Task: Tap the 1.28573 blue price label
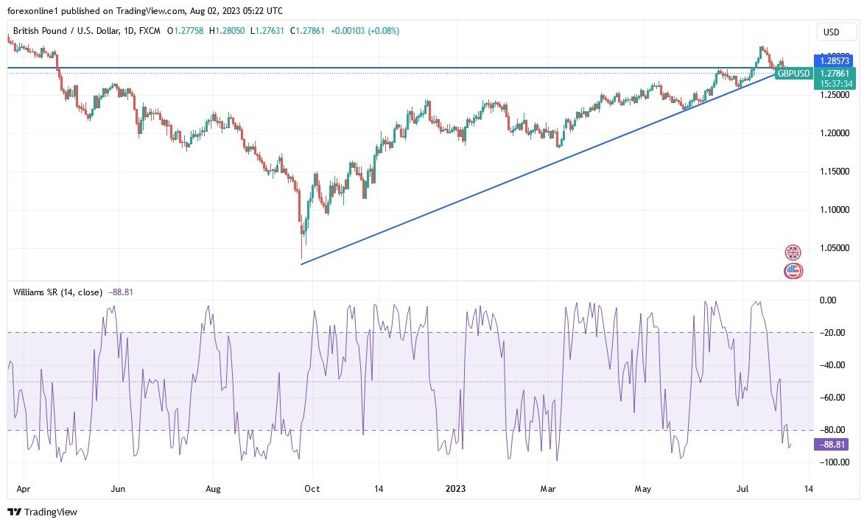point(833,58)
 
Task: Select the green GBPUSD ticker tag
point(794,74)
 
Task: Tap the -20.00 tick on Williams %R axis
point(833,333)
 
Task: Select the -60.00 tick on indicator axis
point(833,398)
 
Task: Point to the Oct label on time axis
point(312,487)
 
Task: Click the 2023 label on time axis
point(456,487)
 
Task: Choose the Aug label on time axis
point(213,487)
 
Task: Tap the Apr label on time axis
point(23,487)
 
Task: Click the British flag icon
point(793,253)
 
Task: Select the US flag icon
point(793,270)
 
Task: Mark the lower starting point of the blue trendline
point(302,264)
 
